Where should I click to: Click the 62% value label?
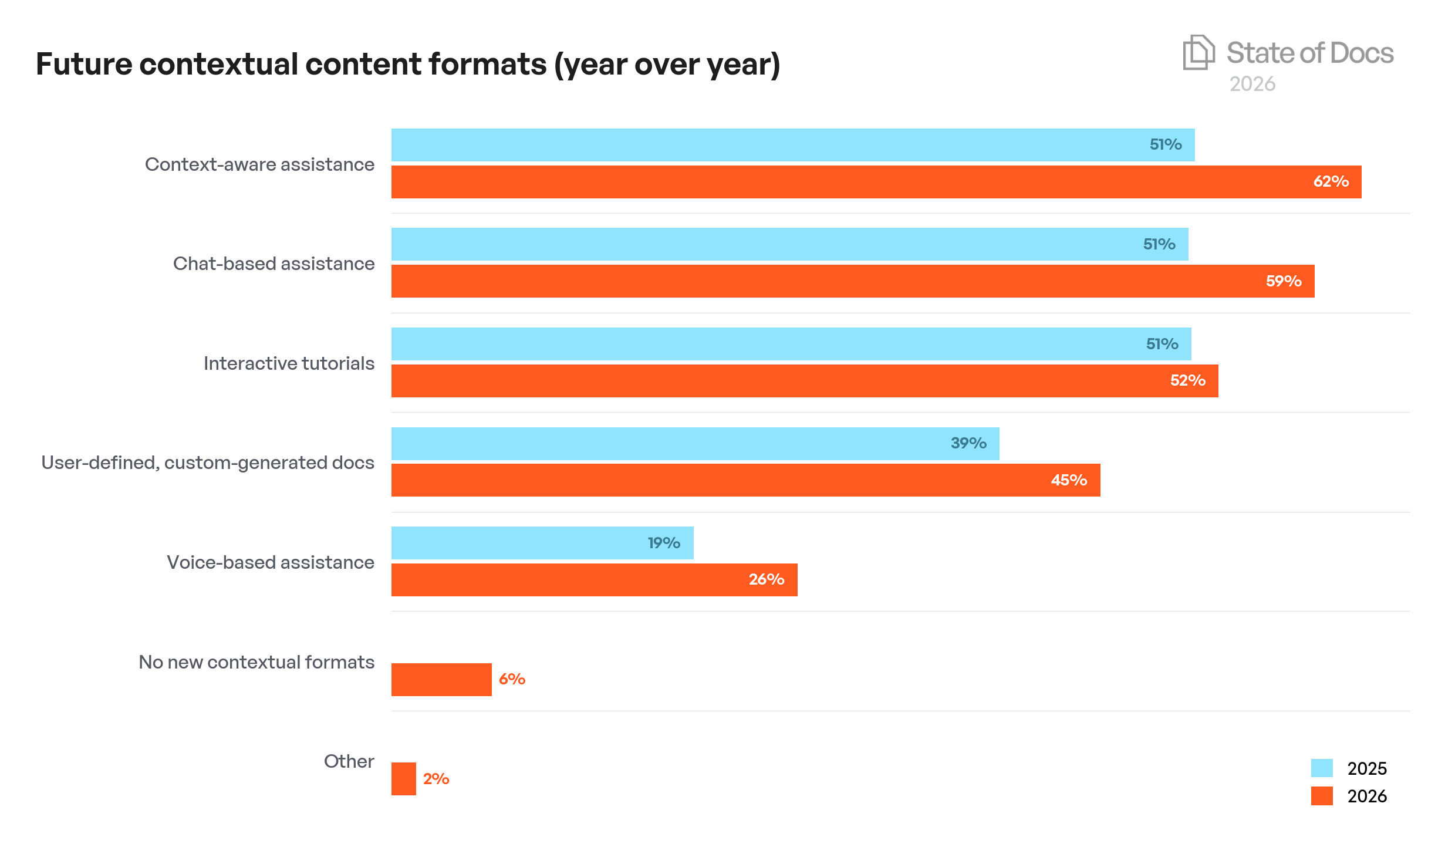[x=1331, y=181]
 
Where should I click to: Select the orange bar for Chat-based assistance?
[x=851, y=281]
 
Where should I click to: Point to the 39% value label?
[x=968, y=443]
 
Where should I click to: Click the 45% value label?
[x=1069, y=480]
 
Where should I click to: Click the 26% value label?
[x=766, y=579]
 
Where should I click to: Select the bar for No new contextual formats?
[x=441, y=680]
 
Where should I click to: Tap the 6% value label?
[x=512, y=679]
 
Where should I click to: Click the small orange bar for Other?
[x=403, y=779]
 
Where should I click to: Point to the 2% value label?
[x=436, y=779]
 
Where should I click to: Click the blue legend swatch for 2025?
[x=1321, y=768]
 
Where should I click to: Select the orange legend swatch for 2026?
[x=1321, y=796]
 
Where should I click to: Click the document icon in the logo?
[x=1198, y=52]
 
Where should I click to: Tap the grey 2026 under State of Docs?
[x=1252, y=84]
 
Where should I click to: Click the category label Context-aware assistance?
[x=259, y=164]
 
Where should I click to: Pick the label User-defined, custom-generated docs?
[x=207, y=463]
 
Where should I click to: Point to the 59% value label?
[x=1283, y=281]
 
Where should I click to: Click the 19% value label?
[x=664, y=543]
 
